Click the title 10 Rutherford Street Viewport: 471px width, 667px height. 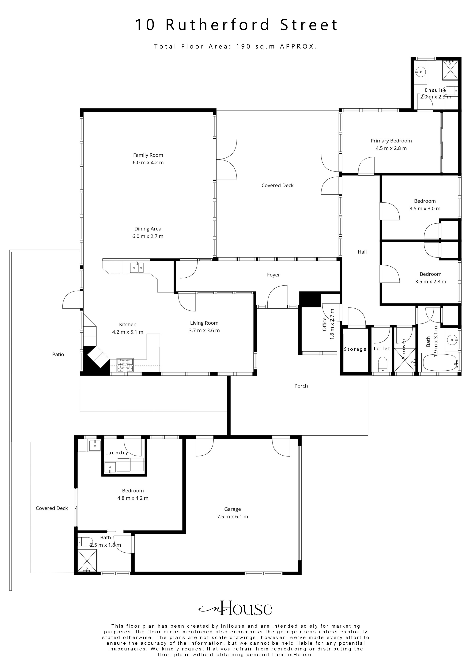tap(236, 25)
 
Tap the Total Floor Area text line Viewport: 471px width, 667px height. tap(235, 46)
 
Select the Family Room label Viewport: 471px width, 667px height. tap(148, 155)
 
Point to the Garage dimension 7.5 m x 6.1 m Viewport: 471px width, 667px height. tap(232, 517)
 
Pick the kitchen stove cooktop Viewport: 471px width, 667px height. tap(125, 365)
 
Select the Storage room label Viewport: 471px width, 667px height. tap(355, 349)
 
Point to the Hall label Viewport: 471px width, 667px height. tap(362, 252)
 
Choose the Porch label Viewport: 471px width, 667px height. tap(301, 386)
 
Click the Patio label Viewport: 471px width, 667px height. tap(58, 354)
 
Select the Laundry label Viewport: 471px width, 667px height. tap(117, 453)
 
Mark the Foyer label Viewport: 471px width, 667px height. tap(273, 275)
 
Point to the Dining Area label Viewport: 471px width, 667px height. tap(148, 229)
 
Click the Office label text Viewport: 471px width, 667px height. tap(324, 324)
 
